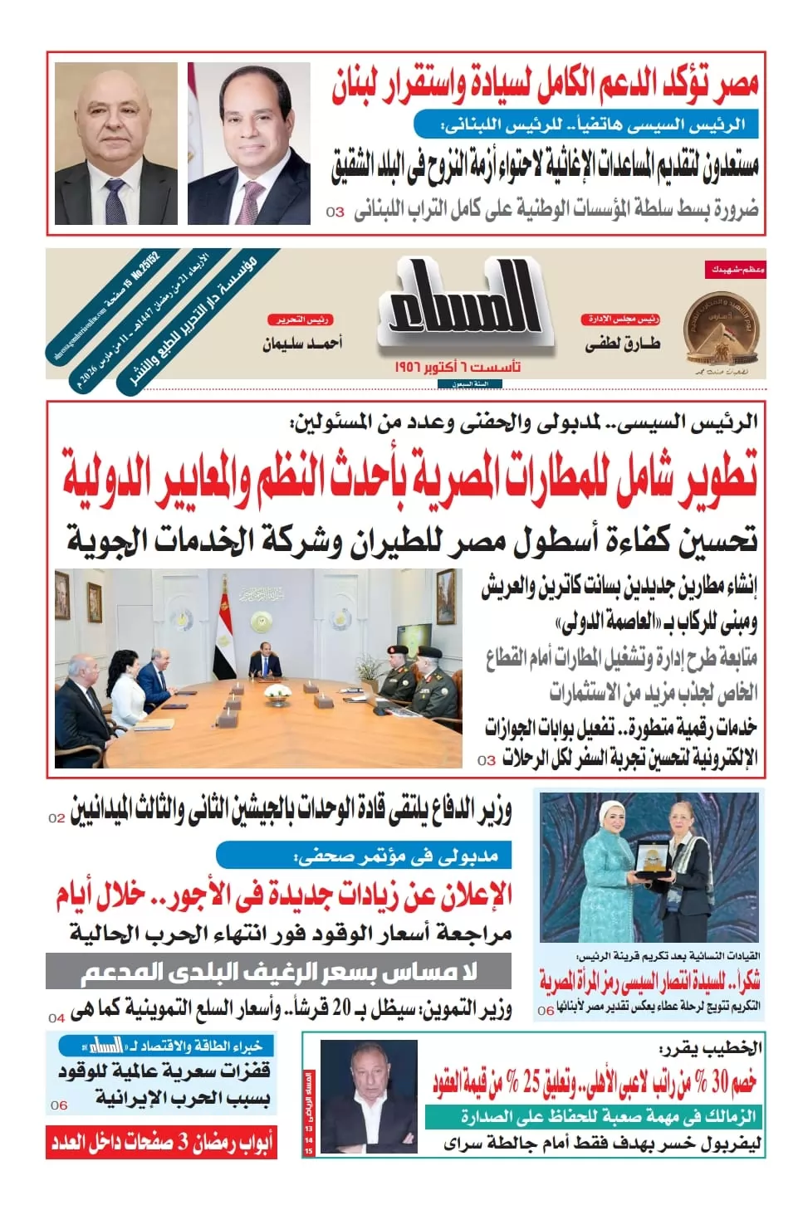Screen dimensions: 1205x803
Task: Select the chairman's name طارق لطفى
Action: coord(622,344)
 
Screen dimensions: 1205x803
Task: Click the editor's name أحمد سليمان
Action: coord(302,343)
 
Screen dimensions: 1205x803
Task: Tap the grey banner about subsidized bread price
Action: coord(279,972)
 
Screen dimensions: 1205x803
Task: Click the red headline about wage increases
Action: coord(284,895)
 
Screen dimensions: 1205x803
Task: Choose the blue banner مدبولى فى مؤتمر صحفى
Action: coord(364,856)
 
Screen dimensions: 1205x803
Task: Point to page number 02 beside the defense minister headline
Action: coord(56,817)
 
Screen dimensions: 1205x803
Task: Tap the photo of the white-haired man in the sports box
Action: coord(357,1095)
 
